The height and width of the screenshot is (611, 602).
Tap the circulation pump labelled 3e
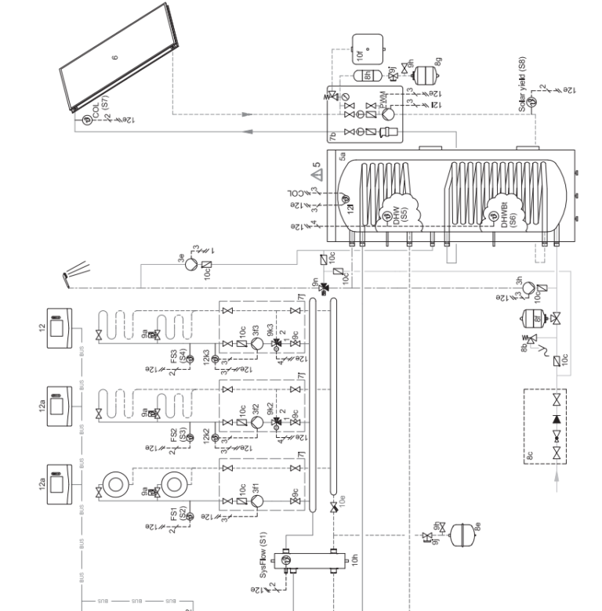[x=191, y=266]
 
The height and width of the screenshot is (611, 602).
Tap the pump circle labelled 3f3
[x=256, y=341]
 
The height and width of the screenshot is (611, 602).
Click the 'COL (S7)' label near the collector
[x=100, y=110]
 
